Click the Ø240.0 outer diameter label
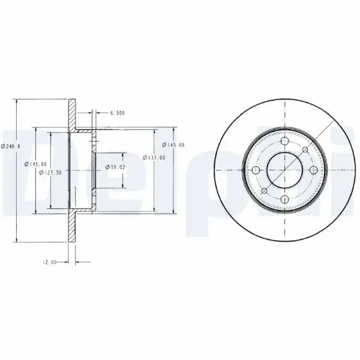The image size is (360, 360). click(11, 146)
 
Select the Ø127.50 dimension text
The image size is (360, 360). click(50, 173)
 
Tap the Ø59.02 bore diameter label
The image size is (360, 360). click(115, 167)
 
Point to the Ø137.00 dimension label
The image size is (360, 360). click(154, 158)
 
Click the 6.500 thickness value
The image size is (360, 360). click(118, 113)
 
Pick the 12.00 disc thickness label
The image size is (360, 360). click(50, 262)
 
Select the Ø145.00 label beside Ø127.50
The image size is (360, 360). click(35, 164)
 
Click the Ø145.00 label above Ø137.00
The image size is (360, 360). click(173, 145)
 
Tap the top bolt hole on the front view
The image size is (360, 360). click(284, 141)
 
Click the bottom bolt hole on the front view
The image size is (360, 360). click(284, 200)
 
